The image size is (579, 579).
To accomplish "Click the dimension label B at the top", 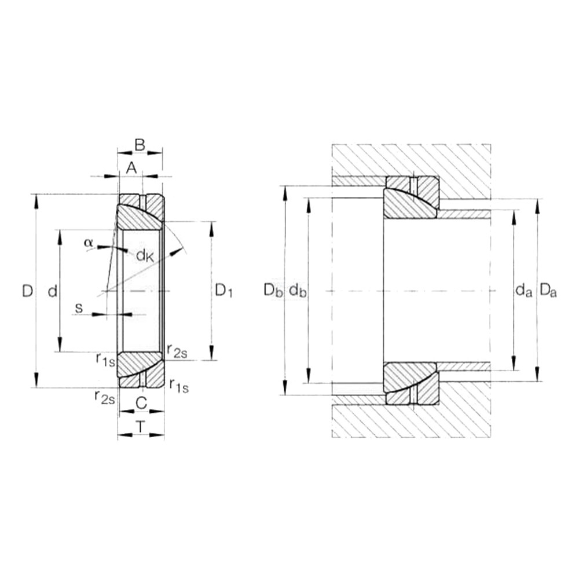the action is coord(140,145).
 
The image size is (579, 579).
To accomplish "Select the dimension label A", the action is coord(132,168).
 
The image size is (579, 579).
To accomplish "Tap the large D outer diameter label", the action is coord(27,291).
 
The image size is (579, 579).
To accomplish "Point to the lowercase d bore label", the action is coord(53,291).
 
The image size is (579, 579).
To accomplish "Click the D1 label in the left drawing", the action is coord(223,291).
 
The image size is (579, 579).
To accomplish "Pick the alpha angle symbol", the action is coord(88,243).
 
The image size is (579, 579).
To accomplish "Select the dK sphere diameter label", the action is coord(145,255).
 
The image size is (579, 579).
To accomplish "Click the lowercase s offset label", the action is coord(79,307).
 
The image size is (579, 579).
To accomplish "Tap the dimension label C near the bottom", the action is coord(141,403).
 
